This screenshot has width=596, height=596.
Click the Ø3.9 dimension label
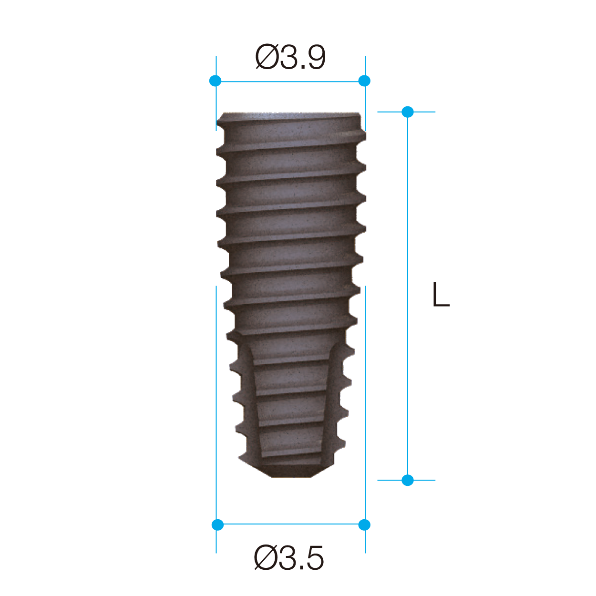click(x=290, y=57)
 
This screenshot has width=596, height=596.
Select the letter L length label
click(x=441, y=295)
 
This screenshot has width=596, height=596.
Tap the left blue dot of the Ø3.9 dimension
click(x=216, y=81)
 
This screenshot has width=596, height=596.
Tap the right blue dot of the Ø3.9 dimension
click(x=364, y=81)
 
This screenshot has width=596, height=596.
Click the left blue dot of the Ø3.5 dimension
click(x=217, y=525)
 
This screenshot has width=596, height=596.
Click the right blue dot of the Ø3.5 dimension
click(x=364, y=525)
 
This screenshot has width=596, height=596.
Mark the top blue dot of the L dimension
click(x=408, y=112)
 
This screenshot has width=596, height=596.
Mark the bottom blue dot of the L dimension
click(x=408, y=480)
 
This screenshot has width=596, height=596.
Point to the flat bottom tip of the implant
click(x=291, y=475)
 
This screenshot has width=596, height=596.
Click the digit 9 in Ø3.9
click(x=315, y=58)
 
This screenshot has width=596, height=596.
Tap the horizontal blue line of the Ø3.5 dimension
click(x=291, y=524)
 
